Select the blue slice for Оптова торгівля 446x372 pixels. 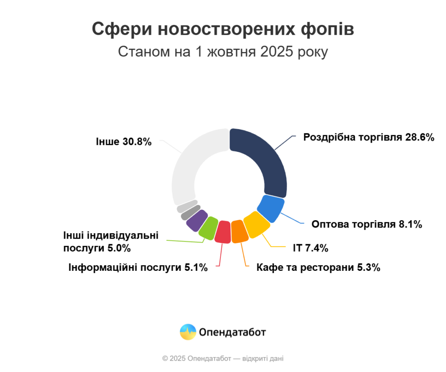(270, 208)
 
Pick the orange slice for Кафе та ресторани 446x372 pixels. (239, 231)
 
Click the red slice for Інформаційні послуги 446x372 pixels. (223, 232)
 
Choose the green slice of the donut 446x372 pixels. (208, 226)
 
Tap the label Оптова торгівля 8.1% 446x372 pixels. (367, 225)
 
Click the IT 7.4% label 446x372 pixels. (310, 249)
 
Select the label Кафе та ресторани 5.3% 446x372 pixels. (318, 267)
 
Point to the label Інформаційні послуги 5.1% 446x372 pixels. (138, 267)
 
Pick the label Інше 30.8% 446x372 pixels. (123, 141)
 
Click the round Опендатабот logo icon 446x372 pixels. (188, 332)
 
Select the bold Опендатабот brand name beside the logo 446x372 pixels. (232, 332)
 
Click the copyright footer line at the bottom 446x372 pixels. (223, 358)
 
